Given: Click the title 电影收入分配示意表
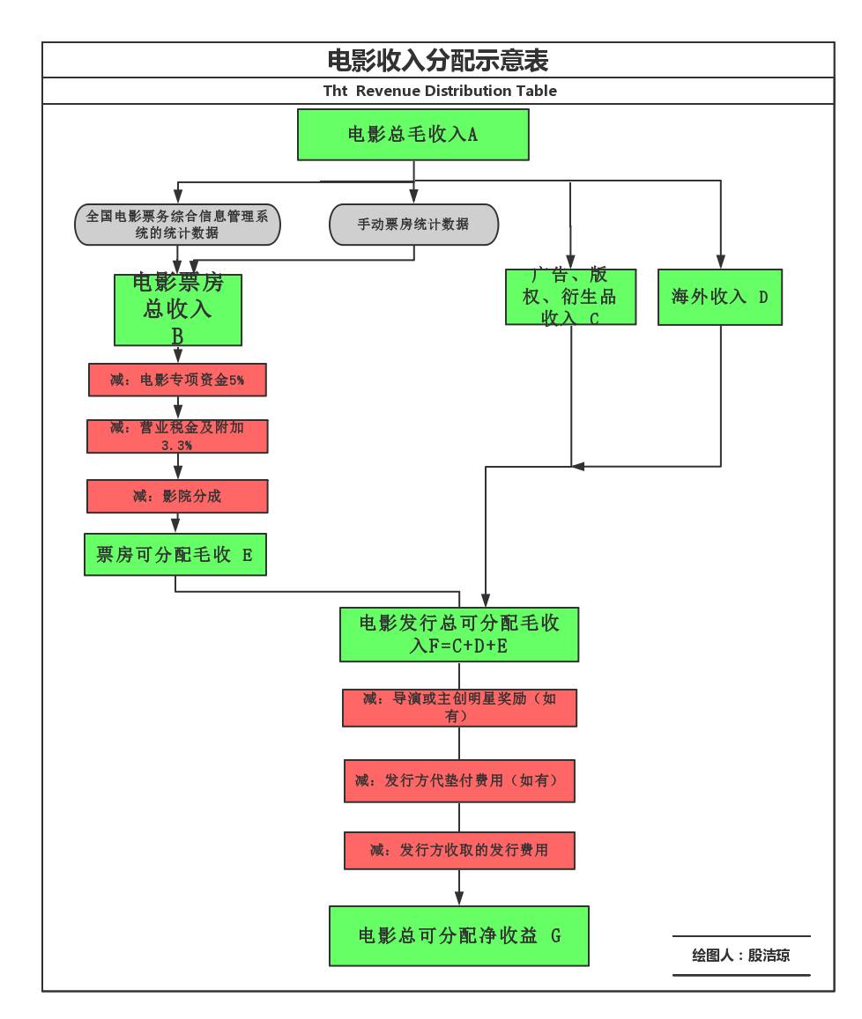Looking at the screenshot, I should [x=438, y=61].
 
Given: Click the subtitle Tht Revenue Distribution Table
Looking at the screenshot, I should [x=440, y=91].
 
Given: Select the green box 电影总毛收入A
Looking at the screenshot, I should [x=413, y=135].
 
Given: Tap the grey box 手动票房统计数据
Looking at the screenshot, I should [x=413, y=225].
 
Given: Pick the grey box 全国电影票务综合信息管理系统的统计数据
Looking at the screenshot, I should [x=177, y=225].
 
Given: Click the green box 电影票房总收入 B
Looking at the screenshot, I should [x=178, y=310].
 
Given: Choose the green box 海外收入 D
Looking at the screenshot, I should [x=720, y=297].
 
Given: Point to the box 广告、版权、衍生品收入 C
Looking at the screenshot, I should [x=570, y=297].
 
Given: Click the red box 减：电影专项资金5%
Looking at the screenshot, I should [x=177, y=380].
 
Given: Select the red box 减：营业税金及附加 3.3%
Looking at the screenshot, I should [x=177, y=436].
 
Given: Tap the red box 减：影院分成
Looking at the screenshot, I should [x=177, y=496].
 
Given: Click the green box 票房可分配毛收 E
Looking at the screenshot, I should [x=175, y=555].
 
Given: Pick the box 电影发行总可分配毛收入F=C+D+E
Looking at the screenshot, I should [x=459, y=634].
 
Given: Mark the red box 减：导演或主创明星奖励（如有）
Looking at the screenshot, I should [x=459, y=707].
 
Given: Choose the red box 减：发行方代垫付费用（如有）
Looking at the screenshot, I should [x=459, y=781].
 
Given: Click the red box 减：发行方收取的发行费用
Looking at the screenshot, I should [x=459, y=851].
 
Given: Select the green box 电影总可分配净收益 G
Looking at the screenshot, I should [x=459, y=936].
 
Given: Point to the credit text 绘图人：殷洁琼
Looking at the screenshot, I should [x=741, y=956].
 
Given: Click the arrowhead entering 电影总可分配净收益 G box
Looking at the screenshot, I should [x=459, y=898].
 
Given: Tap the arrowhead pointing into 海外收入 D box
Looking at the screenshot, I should [x=721, y=262].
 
